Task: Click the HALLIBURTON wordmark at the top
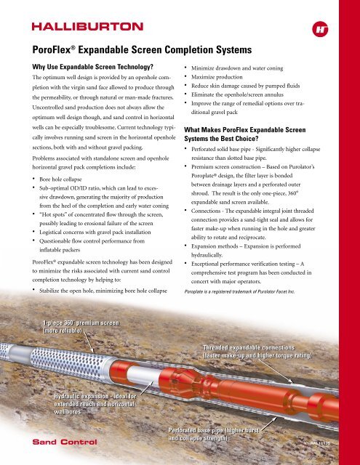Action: point(84,27)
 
